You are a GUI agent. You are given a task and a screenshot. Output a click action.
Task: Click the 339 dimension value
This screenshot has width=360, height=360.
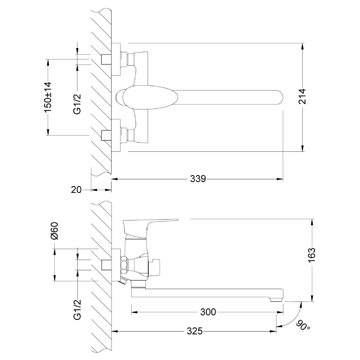coord(198,178)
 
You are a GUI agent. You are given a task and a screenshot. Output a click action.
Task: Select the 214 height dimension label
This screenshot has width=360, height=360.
coord(303,96)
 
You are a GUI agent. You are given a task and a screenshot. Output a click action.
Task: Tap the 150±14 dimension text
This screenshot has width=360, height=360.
coord(48,97)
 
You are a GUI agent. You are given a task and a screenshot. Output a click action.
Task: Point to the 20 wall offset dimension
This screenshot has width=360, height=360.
coord(76,190)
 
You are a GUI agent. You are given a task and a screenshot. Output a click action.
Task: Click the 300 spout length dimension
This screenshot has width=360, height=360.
coord(208,312)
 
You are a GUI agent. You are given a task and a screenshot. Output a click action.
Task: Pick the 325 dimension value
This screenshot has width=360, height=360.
coord(195,331)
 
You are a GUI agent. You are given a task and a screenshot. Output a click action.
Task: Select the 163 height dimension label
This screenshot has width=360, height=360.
coord(311,255)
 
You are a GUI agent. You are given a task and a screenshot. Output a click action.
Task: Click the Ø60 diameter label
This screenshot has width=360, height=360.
coord(55,231)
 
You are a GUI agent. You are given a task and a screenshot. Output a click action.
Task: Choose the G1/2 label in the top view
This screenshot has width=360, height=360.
coord(77,104)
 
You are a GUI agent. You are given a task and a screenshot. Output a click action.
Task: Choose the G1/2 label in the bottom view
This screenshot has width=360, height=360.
coord(77,310)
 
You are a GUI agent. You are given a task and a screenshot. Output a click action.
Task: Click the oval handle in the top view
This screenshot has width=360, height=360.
coord(150,98)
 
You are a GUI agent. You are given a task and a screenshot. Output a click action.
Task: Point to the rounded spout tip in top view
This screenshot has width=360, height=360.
coord(279,98)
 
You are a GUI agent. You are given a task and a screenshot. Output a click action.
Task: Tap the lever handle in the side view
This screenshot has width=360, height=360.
coord(147,227)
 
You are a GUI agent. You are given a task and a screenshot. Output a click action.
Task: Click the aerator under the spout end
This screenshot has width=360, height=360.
coord(276,299)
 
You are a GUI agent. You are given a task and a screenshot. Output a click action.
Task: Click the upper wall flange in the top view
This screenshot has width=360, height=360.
coord(116,59)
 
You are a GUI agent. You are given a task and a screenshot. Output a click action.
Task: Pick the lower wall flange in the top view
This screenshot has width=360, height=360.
coord(116,135)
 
